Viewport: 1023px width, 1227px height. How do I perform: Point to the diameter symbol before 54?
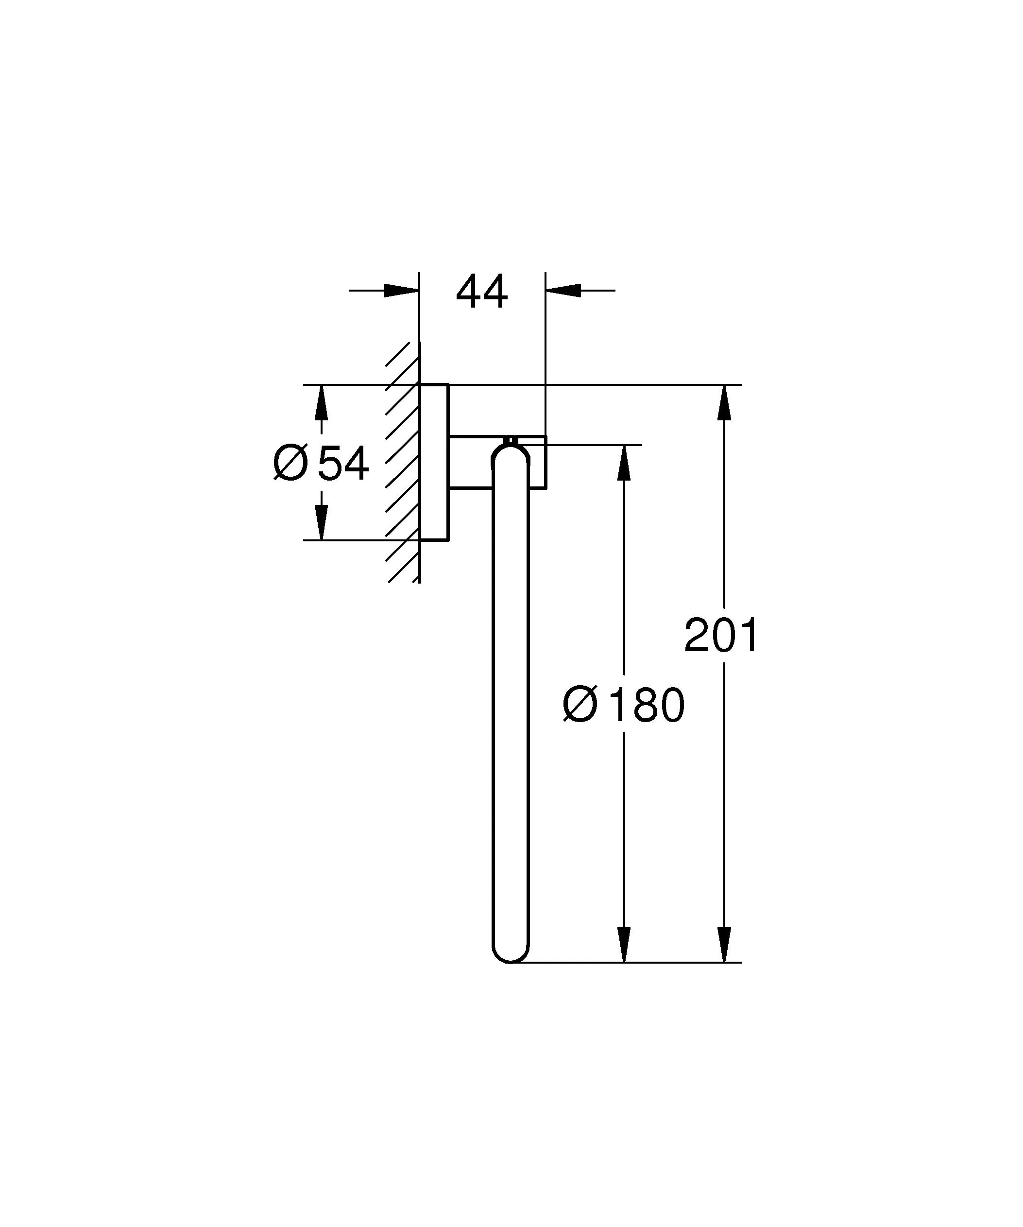(x=290, y=462)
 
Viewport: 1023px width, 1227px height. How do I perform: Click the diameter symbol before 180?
(x=580, y=704)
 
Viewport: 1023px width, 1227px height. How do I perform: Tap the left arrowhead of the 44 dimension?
(x=402, y=291)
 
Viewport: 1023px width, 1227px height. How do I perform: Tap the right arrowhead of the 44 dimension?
(x=563, y=291)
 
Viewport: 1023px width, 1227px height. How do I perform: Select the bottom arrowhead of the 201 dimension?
(x=724, y=945)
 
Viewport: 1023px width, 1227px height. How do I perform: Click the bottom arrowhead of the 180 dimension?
(x=624, y=945)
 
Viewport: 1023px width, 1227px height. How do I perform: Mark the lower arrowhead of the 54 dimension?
(x=321, y=523)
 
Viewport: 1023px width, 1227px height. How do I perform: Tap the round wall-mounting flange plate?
(x=434, y=462)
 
